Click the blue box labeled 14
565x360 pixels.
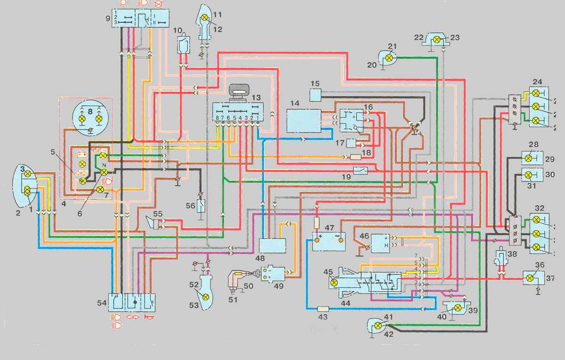click(304, 121)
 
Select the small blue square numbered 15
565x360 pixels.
click(315, 95)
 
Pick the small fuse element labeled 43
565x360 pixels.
click(323, 309)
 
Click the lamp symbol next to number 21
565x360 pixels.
click(389, 57)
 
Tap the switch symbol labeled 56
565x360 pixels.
click(201, 206)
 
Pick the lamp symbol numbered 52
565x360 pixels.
click(205, 296)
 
